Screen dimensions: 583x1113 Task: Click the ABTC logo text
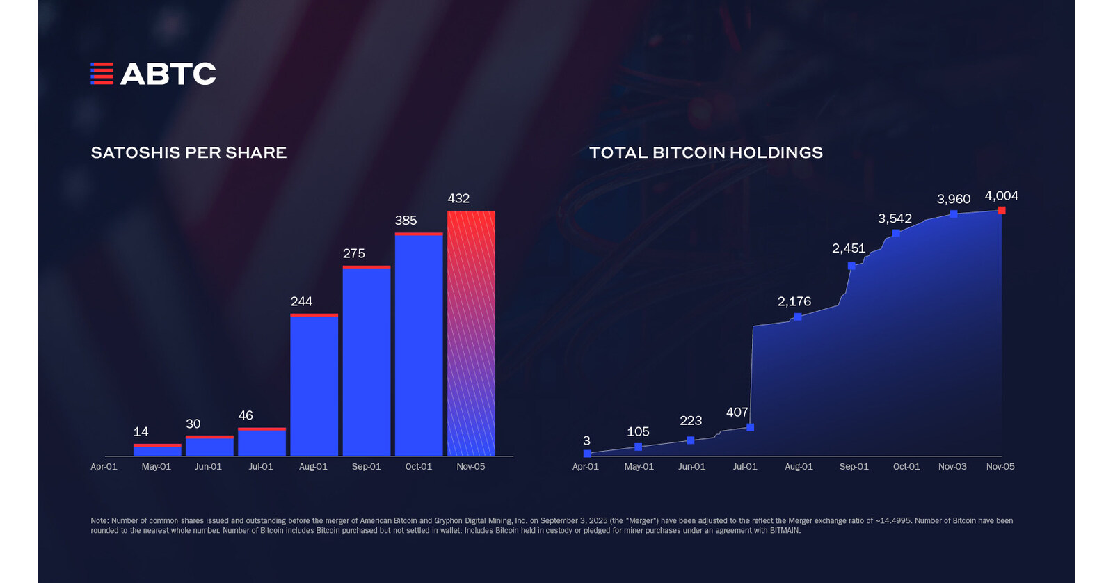[x=168, y=74]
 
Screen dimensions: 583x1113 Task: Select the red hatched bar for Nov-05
[x=471, y=334]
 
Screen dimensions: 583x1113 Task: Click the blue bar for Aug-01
[x=314, y=386]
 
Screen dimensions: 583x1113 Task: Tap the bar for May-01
[x=157, y=450]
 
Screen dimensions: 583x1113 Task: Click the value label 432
[x=458, y=198]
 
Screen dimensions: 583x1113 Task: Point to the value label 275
[x=354, y=253]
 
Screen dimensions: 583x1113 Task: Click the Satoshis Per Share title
[x=189, y=152]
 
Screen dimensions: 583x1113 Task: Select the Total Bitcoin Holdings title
[x=706, y=152]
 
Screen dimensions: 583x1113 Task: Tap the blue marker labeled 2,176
[x=798, y=317]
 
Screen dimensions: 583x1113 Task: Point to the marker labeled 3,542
[x=896, y=233]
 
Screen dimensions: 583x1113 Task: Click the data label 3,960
[x=953, y=199]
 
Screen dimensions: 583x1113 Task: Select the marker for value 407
[x=750, y=427]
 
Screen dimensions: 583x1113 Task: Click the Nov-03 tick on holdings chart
[x=952, y=466]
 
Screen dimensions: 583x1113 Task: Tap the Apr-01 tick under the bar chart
[x=104, y=466]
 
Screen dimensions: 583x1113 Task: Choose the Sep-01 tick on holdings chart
[x=854, y=466]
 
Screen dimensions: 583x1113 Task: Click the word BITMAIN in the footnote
[x=783, y=531]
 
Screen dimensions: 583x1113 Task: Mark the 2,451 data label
[x=849, y=248]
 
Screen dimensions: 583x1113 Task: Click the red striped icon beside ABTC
[x=102, y=74]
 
